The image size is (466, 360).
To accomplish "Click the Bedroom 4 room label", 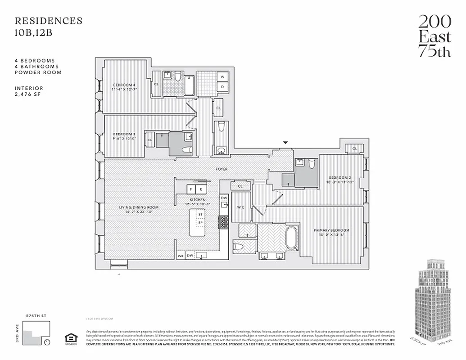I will (124, 85).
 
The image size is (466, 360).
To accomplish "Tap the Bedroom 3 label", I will (124, 134).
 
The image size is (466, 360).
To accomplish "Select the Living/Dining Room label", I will (139, 207).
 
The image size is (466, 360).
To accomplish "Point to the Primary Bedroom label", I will (331, 230).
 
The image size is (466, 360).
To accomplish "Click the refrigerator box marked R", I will (200, 189).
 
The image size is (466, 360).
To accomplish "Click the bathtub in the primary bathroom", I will (292, 238).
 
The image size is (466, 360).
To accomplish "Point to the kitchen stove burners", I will (224, 221).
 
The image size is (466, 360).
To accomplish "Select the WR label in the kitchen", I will (181, 256).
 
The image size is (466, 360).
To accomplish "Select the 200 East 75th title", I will (434, 36).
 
